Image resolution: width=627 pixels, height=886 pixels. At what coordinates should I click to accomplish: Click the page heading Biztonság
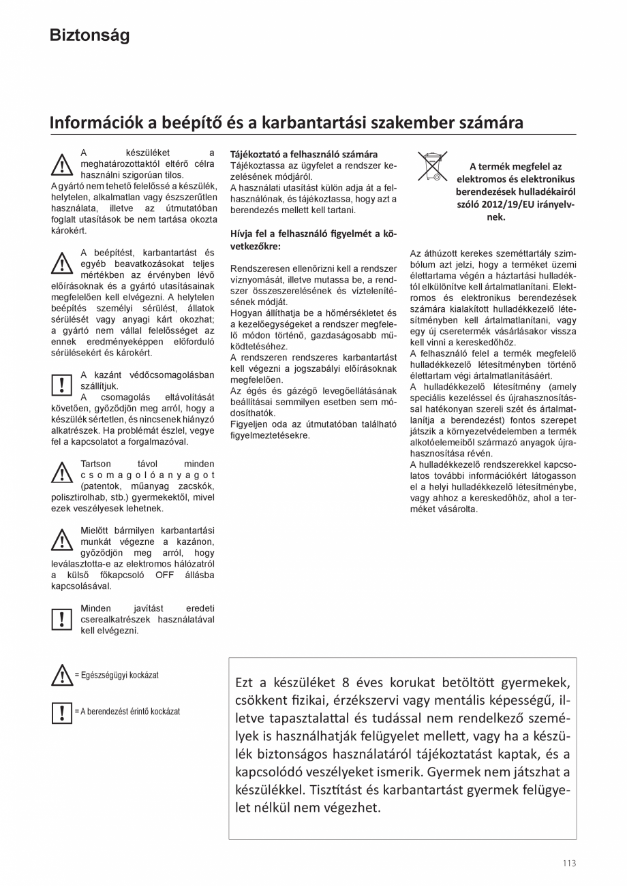(x=89, y=35)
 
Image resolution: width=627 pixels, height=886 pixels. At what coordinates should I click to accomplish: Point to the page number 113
(x=569, y=863)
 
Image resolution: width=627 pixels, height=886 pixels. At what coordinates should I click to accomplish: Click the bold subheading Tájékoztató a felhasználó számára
(x=304, y=155)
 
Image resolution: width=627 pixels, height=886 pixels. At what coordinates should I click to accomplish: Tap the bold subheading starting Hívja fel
(x=313, y=240)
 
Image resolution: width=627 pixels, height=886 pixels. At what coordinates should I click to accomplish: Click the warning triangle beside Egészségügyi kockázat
(x=61, y=676)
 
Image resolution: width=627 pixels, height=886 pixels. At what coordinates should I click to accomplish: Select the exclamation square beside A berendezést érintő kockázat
(x=61, y=712)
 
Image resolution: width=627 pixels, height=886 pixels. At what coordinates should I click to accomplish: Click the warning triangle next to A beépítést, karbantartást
(x=61, y=263)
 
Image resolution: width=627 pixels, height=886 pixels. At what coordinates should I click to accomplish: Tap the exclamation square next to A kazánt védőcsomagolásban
(x=61, y=385)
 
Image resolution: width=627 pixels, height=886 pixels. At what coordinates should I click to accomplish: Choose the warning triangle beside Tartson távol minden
(x=61, y=473)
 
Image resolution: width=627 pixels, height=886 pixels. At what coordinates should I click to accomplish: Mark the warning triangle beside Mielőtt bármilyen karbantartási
(x=61, y=540)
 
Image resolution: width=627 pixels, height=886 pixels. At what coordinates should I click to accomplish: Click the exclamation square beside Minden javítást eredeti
(x=61, y=618)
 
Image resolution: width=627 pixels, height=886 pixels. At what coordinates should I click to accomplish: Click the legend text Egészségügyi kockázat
(x=120, y=675)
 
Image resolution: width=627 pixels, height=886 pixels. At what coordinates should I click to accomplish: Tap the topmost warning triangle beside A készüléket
(x=61, y=164)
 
